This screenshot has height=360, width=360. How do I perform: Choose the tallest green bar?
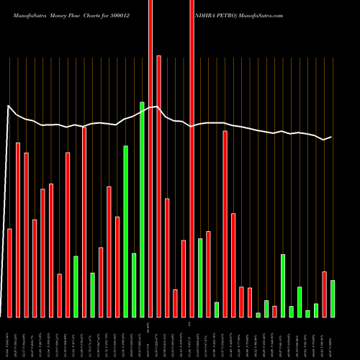[143, 209]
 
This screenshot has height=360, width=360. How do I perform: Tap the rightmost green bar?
[333, 298]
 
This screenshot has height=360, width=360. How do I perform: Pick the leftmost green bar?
[76, 286]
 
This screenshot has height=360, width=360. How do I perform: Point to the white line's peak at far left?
[9, 107]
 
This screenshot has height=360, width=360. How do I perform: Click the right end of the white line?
[331, 137]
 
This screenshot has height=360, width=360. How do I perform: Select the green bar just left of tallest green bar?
[134, 284]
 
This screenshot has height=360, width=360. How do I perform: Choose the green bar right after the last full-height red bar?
[200, 277]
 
